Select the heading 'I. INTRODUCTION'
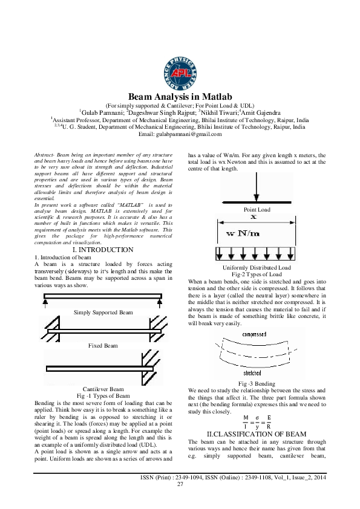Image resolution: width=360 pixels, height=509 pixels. (x=102, y=250)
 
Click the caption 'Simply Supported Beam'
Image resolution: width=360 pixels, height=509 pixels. (x=102, y=313)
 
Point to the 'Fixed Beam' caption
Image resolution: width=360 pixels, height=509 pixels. (x=102, y=346)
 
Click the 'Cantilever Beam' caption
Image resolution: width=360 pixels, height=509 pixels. (x=102, y=389)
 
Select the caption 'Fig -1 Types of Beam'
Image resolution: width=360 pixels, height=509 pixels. (x=102, y=395)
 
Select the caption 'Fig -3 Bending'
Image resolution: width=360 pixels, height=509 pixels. (x=257, y=383)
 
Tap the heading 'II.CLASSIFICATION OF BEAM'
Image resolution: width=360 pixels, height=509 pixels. (x=257, y=434)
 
